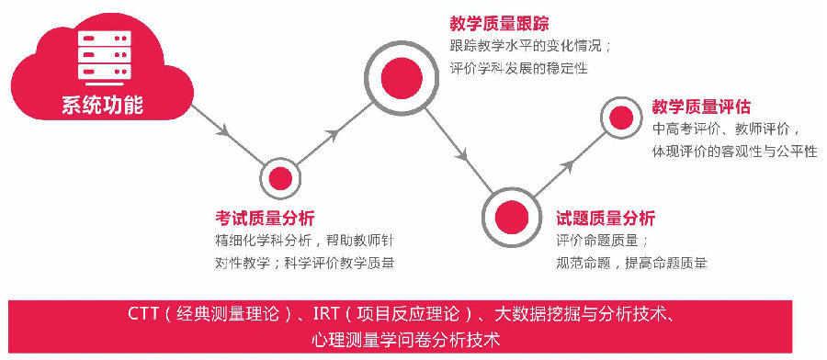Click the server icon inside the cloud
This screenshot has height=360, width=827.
click(105, 56)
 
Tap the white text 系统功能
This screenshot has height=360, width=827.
click(102, 105)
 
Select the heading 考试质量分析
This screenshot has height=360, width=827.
click(265, 218)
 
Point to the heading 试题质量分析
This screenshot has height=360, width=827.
click(606, 218)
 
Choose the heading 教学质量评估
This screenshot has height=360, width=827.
click(701, 107)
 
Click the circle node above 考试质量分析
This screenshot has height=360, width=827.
click(280, 178)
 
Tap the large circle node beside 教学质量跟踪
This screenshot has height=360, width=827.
click(402, 78)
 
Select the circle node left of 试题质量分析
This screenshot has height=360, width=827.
click(512, 217)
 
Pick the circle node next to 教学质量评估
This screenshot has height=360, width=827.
click(621, 118)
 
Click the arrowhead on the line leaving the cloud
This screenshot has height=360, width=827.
click(224, 130)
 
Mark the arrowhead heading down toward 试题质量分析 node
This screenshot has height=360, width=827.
click(462, 155)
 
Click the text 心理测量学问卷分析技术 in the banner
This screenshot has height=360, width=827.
click(405, 339)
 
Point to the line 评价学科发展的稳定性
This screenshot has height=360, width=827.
click(519, 69)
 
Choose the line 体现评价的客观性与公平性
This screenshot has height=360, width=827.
click(735, 152)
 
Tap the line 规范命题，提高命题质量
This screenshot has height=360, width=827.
click(632, 262)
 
